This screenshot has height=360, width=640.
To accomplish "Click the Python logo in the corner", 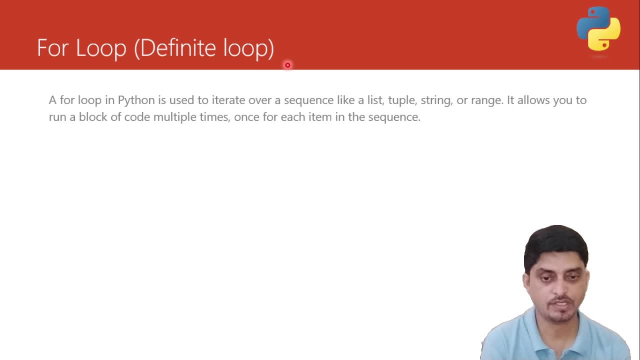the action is click(598, 28).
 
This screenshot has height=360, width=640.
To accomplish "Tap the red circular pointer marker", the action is click(287, 65).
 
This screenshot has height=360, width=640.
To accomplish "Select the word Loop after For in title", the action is click(101, 48).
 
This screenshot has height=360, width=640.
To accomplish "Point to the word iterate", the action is click(228, 100).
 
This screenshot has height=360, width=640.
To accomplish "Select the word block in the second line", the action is click(93, 117).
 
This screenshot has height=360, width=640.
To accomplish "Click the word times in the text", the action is click(215, 117).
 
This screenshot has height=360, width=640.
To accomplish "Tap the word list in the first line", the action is click(375, 100).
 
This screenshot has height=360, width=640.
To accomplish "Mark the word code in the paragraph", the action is click(137, 117).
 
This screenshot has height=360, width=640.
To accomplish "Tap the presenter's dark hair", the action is click(556, 245).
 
